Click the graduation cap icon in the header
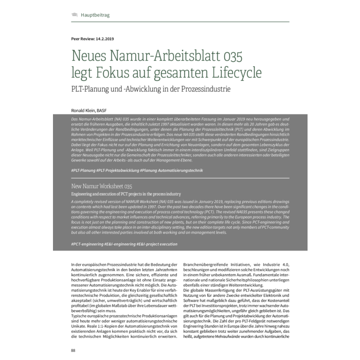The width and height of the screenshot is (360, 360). [74, 15]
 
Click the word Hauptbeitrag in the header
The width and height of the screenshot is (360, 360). [94, 15]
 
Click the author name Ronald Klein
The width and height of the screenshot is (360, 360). [85, 111]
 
